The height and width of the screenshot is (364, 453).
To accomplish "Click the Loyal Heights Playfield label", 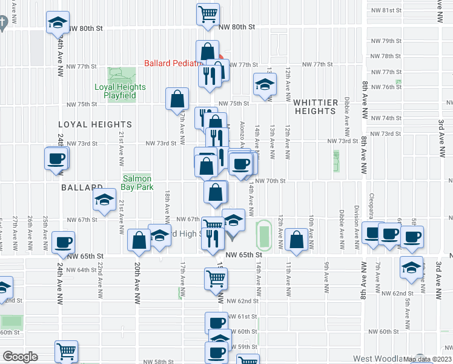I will (x=121, y=91).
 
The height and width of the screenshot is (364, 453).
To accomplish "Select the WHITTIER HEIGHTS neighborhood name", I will (x=315, y=107).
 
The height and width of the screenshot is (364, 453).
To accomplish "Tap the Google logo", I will (x=19, y=357).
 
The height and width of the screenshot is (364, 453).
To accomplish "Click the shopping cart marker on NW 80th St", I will (x=208, y=14).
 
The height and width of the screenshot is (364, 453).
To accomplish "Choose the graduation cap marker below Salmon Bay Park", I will (x=105, y=201).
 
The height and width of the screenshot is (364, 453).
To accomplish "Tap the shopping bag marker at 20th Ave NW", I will (x=139, y=240).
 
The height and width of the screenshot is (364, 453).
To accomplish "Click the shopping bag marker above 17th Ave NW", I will (x=177, y=98).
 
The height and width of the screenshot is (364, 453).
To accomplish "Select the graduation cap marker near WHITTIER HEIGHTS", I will (x=264, y=84).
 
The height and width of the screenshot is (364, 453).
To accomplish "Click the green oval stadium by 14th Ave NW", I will (x=262, y=234).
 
